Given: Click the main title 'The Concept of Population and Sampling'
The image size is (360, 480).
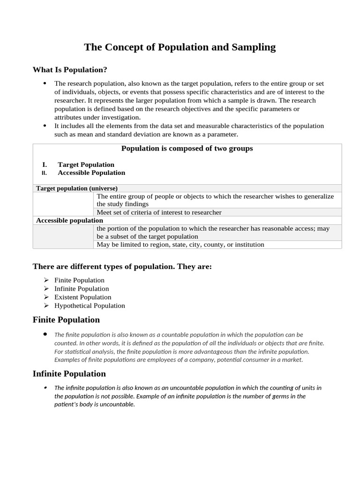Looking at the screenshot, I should pyautogui.click(x=180, y=47).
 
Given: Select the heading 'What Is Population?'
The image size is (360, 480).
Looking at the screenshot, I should pyautogui.click(x=70, y=70).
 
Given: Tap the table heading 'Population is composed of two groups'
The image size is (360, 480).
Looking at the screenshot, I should pyautogui.click(x=187, y=149).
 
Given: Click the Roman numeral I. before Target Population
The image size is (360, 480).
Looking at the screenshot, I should pyautogui.click(x=45, y=165).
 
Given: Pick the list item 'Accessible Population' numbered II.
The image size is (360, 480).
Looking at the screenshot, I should pyautogui.click(x=91, y=172).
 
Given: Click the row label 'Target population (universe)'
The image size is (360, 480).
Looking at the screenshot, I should pyautogui.click(x=77, y=188).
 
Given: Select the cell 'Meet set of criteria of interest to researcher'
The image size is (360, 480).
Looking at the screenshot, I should pyautogui.click(x=159, y=212).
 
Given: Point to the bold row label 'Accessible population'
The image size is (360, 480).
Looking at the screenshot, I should pyautogui.click(x=69, y=220).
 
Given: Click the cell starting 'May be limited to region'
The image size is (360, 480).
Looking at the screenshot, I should pyautogui.click(x=180, y=244).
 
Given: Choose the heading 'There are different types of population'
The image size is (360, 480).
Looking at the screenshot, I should pyautogui.click(x=122, y=267).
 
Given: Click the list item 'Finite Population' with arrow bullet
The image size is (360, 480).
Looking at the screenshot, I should pyautogui.click(x=79, y=280).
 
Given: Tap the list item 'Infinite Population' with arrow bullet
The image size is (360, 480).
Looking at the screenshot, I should pyautogui.click(x=82, y=289).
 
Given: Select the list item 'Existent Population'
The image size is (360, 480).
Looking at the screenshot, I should pyautogui.click(x=83, y=297).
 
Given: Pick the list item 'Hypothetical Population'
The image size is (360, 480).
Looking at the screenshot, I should pyautogui.click(x=90, y=306).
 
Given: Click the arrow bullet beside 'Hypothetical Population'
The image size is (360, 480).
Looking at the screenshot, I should pyautogui.click(x=46, y=306).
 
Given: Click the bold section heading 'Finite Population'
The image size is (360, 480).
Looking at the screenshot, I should pyautogui.click(x=66, y=320).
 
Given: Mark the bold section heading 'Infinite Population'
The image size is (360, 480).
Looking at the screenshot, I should pyautogui.click(x=69, y=374).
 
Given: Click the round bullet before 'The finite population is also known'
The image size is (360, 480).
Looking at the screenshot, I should pyautogui.click(x=45, y=334).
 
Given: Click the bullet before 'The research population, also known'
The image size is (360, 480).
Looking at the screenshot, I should pyautogui.click(x=45, y=83).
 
